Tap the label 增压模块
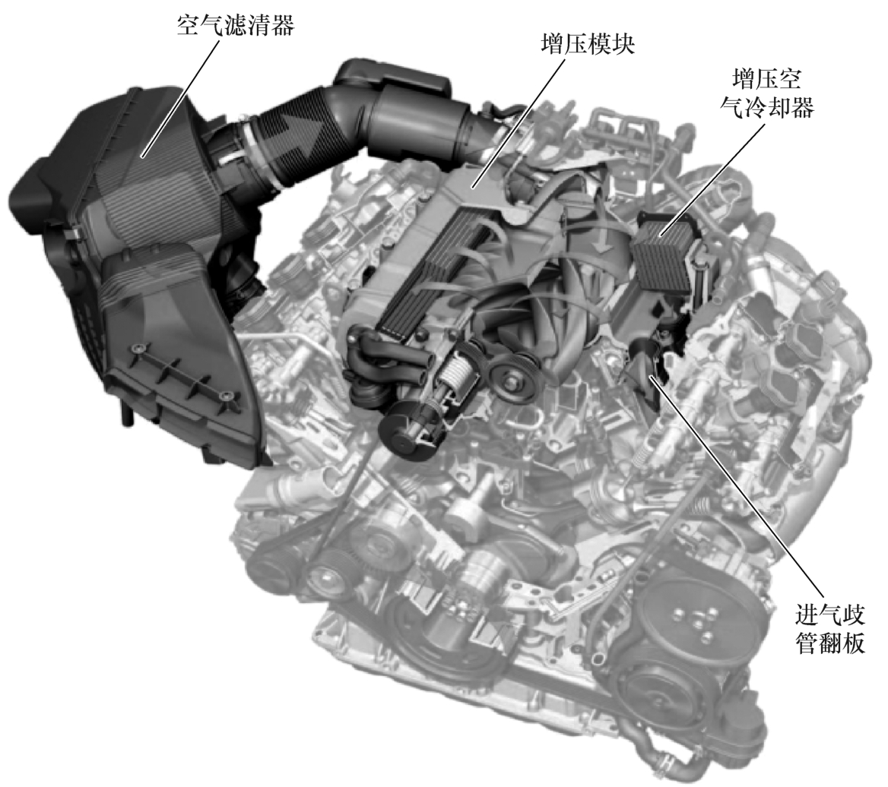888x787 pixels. point(587,45)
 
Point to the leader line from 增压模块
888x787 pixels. point(519,122)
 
